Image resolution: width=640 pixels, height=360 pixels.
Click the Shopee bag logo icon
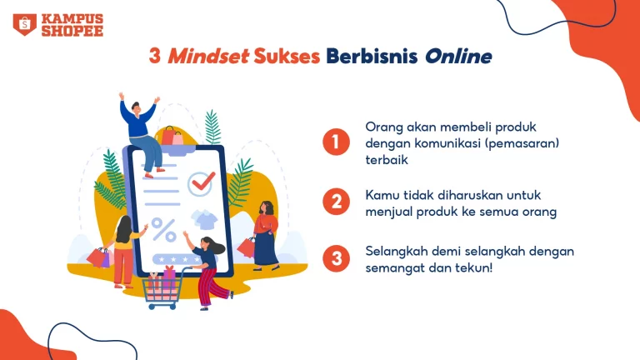(24, 24)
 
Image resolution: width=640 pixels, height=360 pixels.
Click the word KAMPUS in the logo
(72, 19)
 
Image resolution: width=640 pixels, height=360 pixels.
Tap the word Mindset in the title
(208, 56)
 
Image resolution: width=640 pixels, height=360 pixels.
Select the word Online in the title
(458, 57)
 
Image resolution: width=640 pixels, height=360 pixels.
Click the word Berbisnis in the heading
(372, 56)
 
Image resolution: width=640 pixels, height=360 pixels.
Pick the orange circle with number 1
(336, 142)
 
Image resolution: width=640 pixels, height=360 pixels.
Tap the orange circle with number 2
(336, 202)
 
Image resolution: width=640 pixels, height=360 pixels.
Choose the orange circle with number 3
(336, 258)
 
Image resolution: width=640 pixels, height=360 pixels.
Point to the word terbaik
(387, 160)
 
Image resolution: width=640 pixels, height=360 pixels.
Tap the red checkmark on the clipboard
(203, 181)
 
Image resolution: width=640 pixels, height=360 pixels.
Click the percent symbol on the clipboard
(164, 230)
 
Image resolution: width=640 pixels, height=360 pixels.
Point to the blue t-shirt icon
(205, 219)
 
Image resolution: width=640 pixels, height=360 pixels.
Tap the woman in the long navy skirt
(265, 236)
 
